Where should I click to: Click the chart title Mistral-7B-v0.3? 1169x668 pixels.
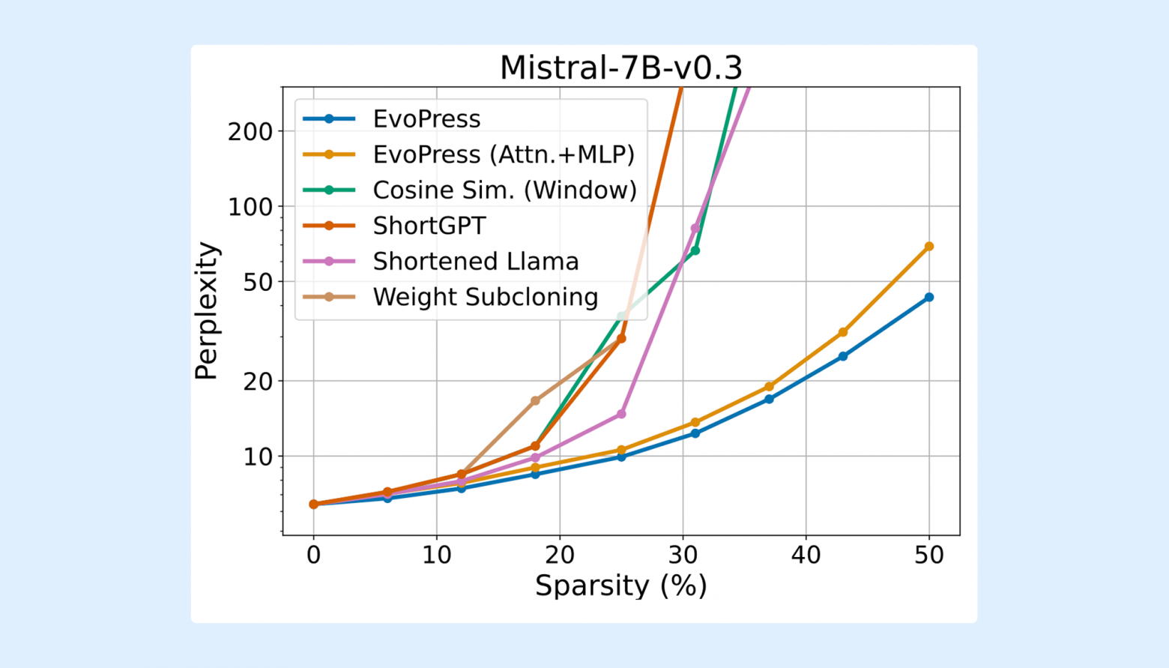tap(620, 67)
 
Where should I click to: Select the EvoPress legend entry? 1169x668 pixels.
tap(426, 118)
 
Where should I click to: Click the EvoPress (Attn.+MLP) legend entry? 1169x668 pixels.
tap(504, 154)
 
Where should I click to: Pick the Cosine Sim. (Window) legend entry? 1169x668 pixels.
tap(504, 190)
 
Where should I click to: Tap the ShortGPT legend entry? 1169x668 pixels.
tap(429, 226)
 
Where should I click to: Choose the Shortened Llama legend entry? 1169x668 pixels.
tap(475, 261)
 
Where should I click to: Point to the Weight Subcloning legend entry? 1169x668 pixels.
tap(485, 297)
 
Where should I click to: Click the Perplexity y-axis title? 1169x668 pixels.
tap(206, 310)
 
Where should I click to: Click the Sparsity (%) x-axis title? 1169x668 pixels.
tap(620, 586)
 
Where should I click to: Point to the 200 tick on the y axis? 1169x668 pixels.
tap(250, 131)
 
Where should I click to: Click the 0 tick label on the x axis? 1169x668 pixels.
tap(313, 555)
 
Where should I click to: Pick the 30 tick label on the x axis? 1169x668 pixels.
tap(683, 555)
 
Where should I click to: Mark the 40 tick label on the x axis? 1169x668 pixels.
tap(806, 555)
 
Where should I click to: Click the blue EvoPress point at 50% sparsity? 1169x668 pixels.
tap(929, 298)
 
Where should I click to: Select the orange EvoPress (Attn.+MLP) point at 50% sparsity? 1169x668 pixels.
tap(929, 247)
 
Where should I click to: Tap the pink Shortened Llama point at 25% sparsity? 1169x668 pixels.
tap(621, 414)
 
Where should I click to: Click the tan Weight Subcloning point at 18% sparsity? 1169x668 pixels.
tap(535, 401)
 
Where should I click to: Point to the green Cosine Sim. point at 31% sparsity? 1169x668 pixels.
tap(695, 250)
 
